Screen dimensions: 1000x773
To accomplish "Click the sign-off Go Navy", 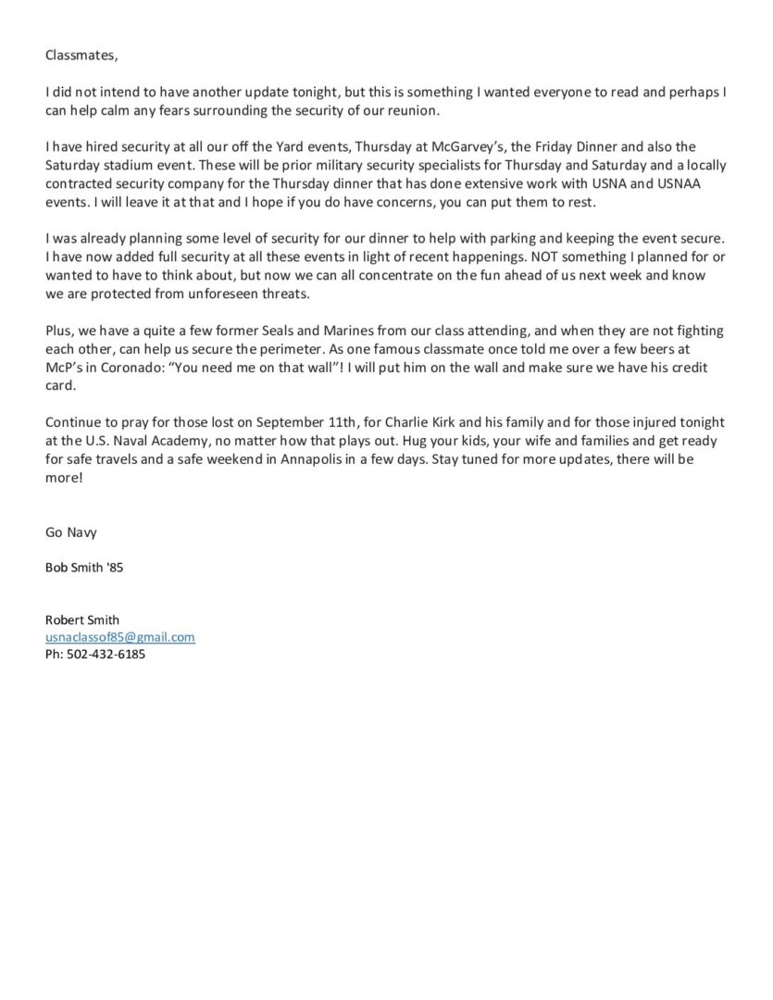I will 70,532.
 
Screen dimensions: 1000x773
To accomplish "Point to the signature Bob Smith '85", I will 83,568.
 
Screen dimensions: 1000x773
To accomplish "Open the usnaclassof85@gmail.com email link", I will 120,637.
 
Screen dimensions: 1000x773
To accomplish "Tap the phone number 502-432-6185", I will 106,654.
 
